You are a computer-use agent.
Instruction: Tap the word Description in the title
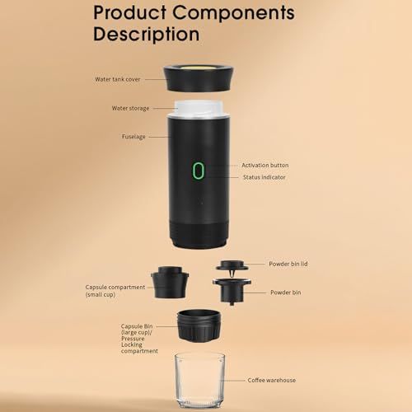146,35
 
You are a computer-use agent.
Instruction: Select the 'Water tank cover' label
117,81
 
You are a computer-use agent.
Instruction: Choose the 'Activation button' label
265,166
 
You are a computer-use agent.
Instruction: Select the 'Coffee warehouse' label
272,380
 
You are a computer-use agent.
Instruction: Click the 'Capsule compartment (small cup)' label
115,291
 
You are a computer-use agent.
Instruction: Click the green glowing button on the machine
198,171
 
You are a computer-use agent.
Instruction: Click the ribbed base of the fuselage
198,236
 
